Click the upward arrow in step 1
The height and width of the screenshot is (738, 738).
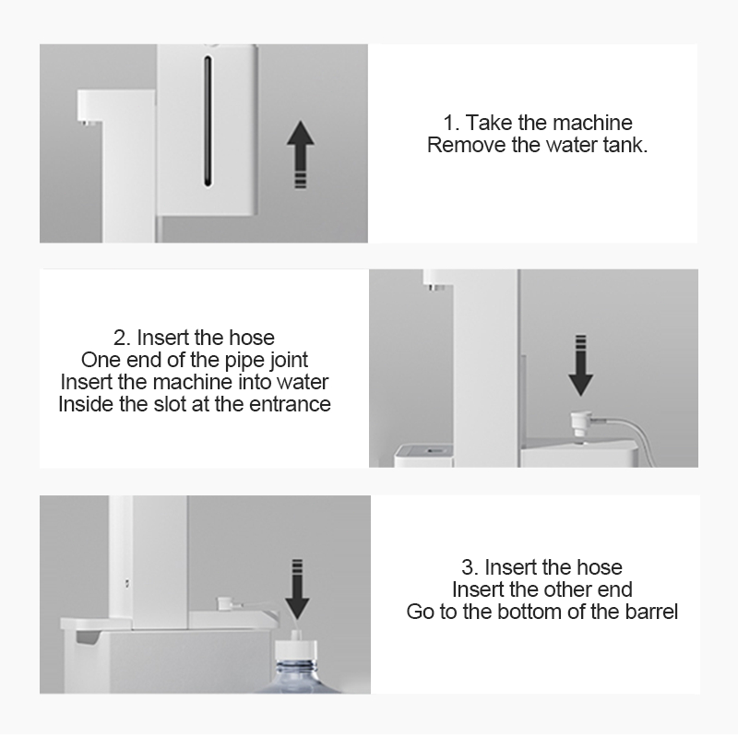[301, 155]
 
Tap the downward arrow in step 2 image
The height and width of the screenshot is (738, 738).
[581, 365]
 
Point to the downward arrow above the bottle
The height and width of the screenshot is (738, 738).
[297, 589]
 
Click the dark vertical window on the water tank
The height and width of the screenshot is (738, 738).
[208, 121]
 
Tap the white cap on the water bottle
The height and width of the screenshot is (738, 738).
[295, 650]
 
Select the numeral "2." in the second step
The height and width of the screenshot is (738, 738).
[122, 338]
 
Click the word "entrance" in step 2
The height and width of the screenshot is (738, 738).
[290, 404]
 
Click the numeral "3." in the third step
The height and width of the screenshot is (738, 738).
[470, 567]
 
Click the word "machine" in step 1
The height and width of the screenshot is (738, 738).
[592, 123]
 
